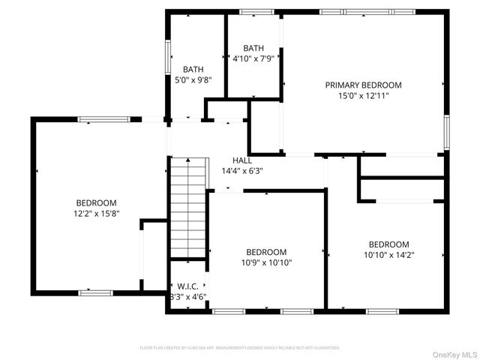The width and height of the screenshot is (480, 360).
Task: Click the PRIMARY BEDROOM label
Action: [363, 85]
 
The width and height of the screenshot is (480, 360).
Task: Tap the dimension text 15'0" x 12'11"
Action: [363, 95]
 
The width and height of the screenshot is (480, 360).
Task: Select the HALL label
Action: [241, 160]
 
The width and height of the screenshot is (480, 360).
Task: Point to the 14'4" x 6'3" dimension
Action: [241, 171]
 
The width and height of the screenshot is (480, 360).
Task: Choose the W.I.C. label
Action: [186, 286]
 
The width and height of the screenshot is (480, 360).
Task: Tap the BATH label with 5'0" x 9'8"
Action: [193, 70]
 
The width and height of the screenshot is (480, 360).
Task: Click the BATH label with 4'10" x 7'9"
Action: [253, 49]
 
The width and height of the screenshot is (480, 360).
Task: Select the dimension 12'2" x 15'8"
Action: [96, 214]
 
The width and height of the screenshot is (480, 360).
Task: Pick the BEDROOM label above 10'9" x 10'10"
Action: [266, 252]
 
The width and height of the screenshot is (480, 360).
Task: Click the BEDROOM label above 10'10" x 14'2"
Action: [388, 244]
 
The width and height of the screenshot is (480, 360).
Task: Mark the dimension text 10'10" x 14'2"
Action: [388, 255]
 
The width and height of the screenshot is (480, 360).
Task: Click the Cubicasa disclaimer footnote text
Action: [240, 348]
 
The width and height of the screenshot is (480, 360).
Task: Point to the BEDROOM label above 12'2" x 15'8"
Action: [96, 203]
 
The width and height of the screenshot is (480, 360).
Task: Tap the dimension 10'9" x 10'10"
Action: [266, 262]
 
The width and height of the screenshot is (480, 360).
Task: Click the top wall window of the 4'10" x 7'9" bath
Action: [256, 12]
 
